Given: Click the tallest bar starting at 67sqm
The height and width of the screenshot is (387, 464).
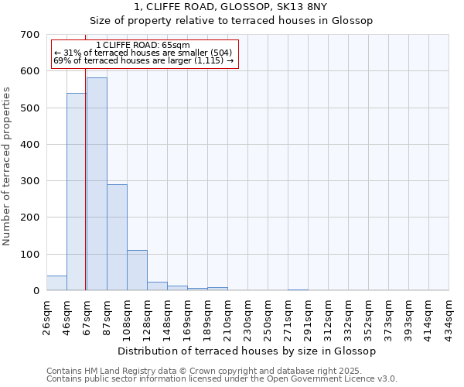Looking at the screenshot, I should pyautogui.click(x=97, y=184).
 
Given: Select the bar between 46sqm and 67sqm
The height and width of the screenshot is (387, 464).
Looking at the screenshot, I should pyautogui.click(x=76, y=192).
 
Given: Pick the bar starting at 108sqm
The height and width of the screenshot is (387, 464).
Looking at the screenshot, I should pyautogui.click(x=137, y=270).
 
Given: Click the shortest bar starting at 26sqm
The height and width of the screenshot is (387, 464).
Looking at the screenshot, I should pyautogui.click(x=56, y=283).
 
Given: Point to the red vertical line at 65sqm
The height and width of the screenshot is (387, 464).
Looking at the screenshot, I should pyautogui.click(x=85, y=193).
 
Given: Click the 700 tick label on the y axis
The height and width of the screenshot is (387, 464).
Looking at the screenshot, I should pyautogui.click(x=30, y=35).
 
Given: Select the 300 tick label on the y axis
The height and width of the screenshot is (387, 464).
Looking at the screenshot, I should pyautogui.click(x=30, y=181).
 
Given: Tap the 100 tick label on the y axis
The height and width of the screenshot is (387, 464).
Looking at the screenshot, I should pyautogui.click(x=30, y=255).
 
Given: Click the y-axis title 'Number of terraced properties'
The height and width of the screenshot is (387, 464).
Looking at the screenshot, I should pyautogui.click(x=7, y=166).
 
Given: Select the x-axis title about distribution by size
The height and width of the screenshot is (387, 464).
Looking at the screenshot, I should pyautogui.click(x=247, y=351).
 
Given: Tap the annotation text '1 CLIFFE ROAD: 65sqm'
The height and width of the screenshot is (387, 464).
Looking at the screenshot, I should pyautogui.click(x=144, y=46).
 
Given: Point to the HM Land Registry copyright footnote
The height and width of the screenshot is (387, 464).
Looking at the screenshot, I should pyautogui.click(x=221, y=371).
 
